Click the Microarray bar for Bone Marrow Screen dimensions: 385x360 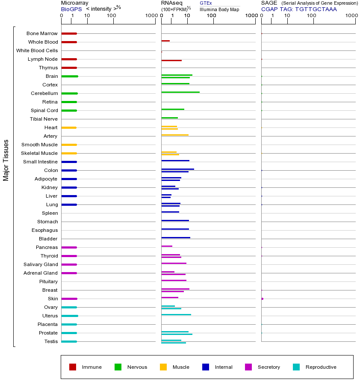tap(69, 33)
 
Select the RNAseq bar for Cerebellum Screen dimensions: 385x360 tap(180, 92)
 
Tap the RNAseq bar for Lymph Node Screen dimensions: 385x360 tap(171, 60)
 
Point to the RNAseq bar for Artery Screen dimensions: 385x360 tap(175, 135)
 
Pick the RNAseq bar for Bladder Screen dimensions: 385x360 tap(176, 237)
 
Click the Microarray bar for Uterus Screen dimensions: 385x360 tap(70, 316)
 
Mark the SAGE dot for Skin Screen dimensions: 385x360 tap(262, 299)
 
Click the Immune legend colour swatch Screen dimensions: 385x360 tap(73, 367)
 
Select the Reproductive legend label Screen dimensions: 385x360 tap(321, 367)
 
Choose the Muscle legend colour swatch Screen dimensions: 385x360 tap(163, 367)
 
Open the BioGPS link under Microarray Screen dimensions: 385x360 tap(71, 9)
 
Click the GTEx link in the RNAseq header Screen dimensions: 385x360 tap(206, 3)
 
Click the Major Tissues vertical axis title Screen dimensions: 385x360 tap(6, 160)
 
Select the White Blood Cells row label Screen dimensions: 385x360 tap(37, 50)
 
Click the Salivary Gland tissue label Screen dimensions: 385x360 tap(41, 264)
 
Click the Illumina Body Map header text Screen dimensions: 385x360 tap(219, 9)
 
